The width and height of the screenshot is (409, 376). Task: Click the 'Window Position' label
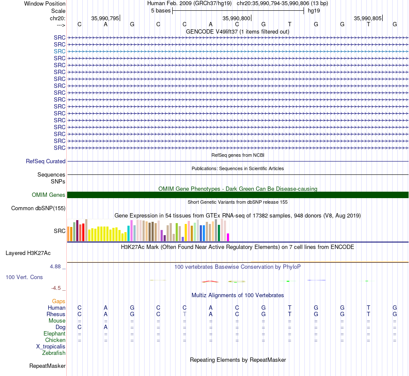click(45, 3)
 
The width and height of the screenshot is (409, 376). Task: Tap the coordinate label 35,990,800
click(236, 18)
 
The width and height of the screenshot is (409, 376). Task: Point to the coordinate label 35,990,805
click(368, 18)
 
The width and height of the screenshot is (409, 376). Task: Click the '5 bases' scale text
click(161, 11)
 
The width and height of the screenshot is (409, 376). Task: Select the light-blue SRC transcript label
click(59, 51)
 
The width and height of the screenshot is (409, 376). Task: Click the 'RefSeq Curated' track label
click(46, 161)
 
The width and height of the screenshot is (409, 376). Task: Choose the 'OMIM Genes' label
click(49, 195)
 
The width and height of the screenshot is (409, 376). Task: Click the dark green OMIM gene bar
click(238, 195)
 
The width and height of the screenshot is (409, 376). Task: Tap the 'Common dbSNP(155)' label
click(38, 208)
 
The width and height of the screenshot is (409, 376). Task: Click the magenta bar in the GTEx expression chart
click(228, 237)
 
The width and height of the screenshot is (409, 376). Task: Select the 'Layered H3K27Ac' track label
click(28, 253)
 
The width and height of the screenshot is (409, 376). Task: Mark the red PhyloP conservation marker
click(210, 282)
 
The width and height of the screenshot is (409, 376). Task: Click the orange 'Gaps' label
click(59, 301)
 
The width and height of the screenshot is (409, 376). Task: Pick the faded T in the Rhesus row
click(184, 314)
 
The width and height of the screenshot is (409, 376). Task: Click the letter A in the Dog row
click(105, 327)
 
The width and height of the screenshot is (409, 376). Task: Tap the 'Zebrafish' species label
click(54, 353)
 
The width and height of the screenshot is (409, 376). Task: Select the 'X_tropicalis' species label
click(51, 347)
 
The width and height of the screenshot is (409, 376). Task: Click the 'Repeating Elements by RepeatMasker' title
click(238, 360)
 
